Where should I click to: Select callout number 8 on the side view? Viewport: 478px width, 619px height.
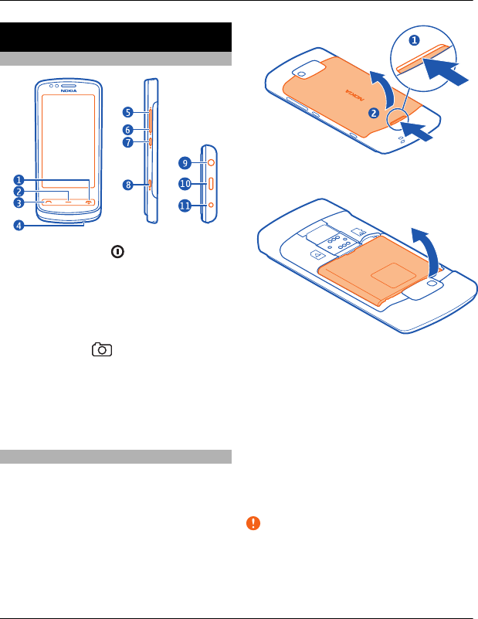pos(129,184)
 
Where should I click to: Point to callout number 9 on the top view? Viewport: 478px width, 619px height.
pos(185,163)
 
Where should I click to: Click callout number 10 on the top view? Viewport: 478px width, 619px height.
pos(185,184)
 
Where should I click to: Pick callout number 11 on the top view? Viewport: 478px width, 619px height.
pos(185,206)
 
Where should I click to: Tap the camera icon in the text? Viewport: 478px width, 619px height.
pos(101,351)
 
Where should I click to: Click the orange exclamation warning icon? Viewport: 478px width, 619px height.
pos(253,523)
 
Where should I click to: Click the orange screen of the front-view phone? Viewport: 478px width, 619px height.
pos(68,143)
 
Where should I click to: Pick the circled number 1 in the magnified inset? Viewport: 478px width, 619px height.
pos(413,39)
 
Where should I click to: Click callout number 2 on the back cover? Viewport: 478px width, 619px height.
pos(373,113)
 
